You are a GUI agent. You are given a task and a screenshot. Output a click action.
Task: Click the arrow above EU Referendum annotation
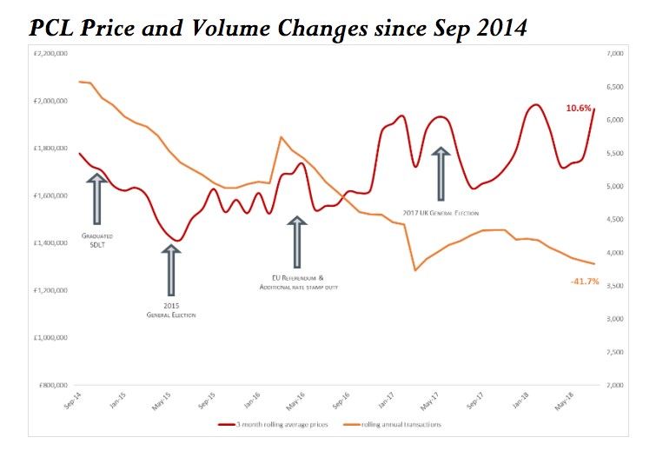pos(298,241)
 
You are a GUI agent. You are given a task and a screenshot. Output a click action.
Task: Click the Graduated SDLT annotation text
pos(96,240)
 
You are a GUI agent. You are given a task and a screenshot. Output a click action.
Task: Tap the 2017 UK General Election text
pos(441,213)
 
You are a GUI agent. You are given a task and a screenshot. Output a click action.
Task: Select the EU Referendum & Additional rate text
pos(298,282)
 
